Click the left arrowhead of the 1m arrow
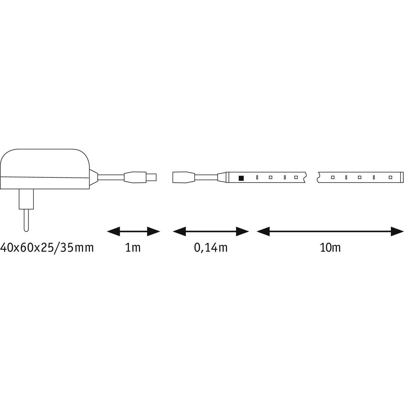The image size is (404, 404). [x=113, y=231]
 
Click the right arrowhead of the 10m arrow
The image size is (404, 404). [x=397, y=231]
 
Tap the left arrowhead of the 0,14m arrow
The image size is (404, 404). [x=179, y=231]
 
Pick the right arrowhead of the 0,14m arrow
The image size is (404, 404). [x=242, y=231]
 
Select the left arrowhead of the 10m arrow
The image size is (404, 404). [x=263, y=231]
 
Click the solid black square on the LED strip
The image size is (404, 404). [x=241, y=178]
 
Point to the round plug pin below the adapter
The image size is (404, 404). [x=26, y=220]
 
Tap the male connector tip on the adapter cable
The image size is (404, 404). [x=151, y=177]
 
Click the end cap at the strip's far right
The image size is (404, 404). [x=402, y=177]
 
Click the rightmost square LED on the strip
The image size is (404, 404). [x=390, y=177]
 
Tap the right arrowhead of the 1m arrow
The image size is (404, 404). [x=154, y=231]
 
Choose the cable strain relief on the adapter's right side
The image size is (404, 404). [x=94, y=177]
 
